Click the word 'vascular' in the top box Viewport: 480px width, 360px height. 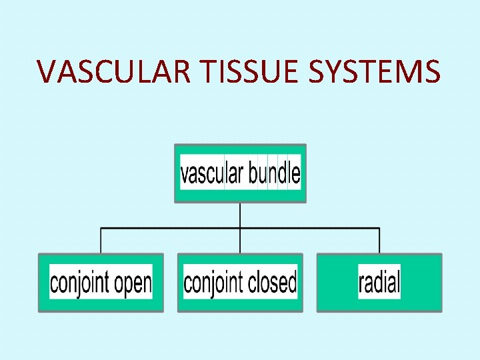pyautogui.click(x=211, y=173)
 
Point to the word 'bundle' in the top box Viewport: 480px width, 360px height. pyautogui.click(x=274, y=173)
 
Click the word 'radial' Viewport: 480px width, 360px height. pyautogui.click(x=379, y=282)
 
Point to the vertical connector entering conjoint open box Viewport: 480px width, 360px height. pyautogui.click(x=101, y=241)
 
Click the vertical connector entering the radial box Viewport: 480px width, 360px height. pyautogui.click(x=379, y=241)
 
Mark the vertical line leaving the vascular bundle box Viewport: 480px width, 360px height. pyautogui.click(x=240, y=215)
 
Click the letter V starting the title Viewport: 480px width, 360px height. pyautogui.click(x=47, y=71)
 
